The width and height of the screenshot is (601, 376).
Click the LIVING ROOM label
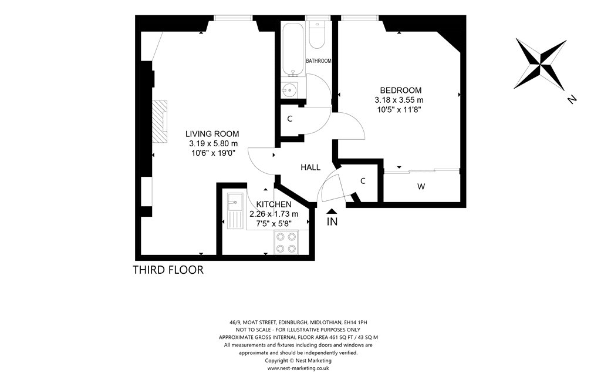point(212,134)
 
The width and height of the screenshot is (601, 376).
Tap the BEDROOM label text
point(400,90)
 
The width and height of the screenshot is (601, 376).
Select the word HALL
point(310,167)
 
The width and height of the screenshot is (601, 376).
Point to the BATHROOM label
point(319,61)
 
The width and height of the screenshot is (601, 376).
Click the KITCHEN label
point(274,204)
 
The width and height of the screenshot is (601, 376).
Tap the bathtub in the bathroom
point(293,49)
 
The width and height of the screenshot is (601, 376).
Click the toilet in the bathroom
point(317,35)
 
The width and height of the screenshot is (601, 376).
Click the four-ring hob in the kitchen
point(286,243)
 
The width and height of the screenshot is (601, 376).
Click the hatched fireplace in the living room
point(160,122)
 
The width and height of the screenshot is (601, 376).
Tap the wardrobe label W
point(421,187)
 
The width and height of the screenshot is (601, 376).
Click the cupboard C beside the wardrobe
point(363,181)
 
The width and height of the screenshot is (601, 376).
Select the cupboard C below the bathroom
point(290,119)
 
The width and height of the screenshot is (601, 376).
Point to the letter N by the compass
point(572,99)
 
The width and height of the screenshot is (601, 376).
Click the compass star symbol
point(541,63)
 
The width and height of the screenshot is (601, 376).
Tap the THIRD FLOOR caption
point(168,270)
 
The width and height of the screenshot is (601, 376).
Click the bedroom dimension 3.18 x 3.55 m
point(399,100)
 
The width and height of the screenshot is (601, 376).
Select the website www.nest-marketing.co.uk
point(298,368)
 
